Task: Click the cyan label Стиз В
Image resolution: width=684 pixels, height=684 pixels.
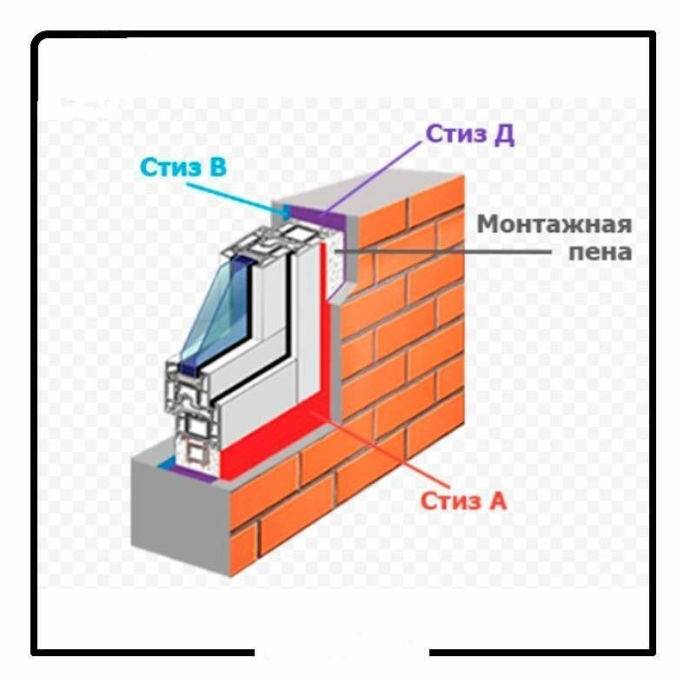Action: click(183, 166)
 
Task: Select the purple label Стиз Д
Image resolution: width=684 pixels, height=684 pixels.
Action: click(469, 134)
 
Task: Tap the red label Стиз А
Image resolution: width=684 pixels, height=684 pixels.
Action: click(463, 501)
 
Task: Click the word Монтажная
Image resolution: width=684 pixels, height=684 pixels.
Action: click(554, 224)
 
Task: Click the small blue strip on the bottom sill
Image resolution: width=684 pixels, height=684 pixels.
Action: click(165, 466)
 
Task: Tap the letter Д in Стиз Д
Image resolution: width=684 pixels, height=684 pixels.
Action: click(504, 135)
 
